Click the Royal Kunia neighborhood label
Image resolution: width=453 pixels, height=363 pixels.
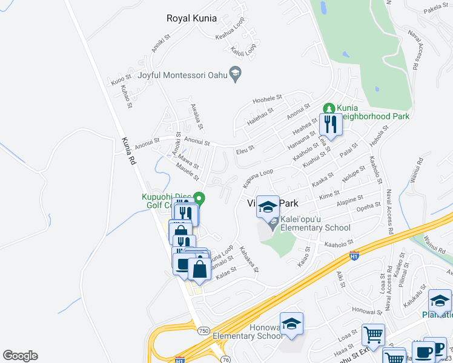click(191, 18)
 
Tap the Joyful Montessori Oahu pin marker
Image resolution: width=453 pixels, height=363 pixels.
click(237, 74)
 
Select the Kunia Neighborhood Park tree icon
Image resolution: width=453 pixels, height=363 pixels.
click(329, 108)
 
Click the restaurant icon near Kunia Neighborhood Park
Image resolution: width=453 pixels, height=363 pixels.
click(330, 124)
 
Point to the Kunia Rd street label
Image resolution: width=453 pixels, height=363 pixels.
click(126, 148)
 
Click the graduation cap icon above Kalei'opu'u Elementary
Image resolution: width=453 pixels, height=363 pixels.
click(267, 207)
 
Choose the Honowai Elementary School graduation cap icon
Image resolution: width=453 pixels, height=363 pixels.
click(291, 323)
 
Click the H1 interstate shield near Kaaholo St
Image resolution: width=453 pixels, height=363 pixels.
click(354, 255)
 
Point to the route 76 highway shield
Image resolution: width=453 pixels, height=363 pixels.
click(226, 358)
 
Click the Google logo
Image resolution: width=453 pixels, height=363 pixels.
click(19, 356)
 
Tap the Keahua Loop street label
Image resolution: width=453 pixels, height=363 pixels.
click(230, 36)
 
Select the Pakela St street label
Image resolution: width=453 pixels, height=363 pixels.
click(435, 9)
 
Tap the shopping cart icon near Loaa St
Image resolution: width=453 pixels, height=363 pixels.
click(373, 334)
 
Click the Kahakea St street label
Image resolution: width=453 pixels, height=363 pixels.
click(250, 258)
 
